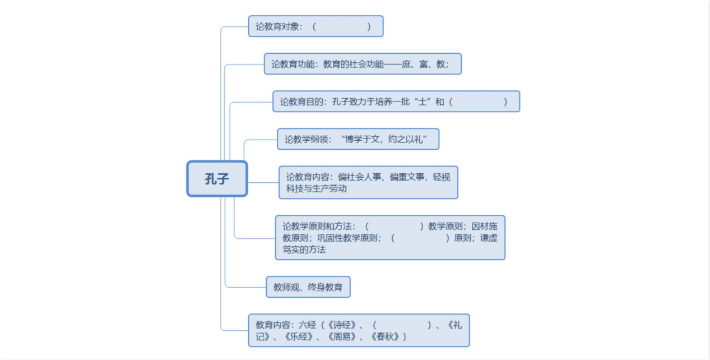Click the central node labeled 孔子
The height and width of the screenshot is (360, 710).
217,178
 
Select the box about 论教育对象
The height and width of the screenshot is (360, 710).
315,26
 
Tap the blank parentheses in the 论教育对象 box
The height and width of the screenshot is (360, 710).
341,26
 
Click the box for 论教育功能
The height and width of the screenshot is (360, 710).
363,64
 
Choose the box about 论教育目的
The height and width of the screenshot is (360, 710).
396,101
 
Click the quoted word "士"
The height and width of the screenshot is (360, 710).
422,101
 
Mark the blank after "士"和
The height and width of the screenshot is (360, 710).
477,101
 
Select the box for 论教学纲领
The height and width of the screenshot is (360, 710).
358,139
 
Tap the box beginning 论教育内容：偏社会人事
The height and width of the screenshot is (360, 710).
368,182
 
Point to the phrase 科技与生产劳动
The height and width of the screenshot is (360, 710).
316,189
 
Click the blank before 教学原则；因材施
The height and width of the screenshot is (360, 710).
395,226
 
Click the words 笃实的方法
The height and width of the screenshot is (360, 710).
304,250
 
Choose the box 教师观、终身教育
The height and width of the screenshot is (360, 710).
308,287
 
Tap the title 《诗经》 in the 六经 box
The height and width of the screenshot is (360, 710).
342,325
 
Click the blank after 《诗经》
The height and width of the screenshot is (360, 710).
402,325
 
